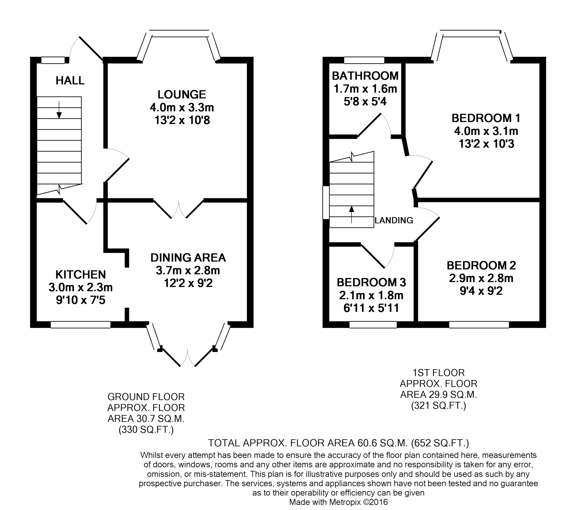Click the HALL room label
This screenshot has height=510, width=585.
tap(70, 81)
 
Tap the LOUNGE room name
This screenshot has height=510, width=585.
tap(182, 94)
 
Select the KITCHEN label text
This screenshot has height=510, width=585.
tap(81, 274)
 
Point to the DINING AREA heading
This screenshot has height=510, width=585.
tap(188, 257)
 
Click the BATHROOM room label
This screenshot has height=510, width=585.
tap(365, 76)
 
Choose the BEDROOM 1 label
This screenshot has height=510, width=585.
tap(486, 118)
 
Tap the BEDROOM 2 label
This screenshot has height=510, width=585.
tap(481, 265)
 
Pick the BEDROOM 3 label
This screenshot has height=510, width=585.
tap(372, 282)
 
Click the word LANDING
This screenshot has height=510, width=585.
tap(394, 220)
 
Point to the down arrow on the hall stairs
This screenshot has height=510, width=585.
tap(59, 110)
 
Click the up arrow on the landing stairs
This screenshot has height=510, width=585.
tap(352, 214)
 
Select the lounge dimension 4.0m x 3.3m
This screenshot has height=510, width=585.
tap(182, 107)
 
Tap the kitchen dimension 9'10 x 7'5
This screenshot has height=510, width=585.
tap(81, 300)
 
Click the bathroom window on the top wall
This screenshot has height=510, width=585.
tap(364, 60)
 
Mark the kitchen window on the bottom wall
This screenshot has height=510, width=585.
tap(81, 324)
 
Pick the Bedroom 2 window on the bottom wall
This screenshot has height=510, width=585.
tap(479, 324)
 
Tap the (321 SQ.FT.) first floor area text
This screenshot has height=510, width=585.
tap(439, 406)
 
